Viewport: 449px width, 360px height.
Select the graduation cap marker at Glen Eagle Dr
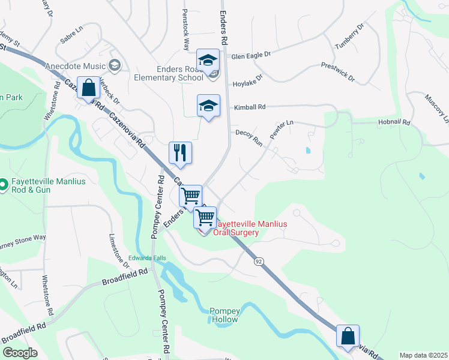[208, 61]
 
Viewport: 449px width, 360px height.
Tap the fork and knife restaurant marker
[180, 153]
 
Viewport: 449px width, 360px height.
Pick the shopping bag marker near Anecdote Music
[88, 88]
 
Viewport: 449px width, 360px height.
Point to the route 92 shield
[258, 261]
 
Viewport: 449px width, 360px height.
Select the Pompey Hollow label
[224, 315]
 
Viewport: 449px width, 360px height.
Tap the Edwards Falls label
[146, 259]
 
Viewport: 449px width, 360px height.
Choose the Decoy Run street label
[249, 137]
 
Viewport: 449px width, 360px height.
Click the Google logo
[20, 353]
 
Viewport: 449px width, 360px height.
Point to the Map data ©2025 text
[423, 355]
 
